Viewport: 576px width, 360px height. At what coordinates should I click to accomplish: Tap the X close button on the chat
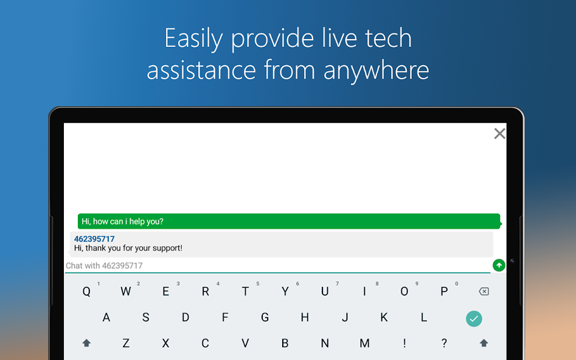point(499,133)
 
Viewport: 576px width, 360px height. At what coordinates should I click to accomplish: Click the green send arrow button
point(499,265)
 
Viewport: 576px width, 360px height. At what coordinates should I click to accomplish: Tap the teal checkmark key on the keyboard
point(474,319)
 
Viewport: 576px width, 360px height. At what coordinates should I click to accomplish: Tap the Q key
point(86,291)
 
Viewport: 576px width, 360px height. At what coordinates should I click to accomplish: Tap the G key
point(265,317)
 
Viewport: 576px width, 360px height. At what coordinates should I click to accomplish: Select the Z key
point(126,343)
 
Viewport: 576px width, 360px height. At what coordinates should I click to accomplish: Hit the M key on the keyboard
point(364,343)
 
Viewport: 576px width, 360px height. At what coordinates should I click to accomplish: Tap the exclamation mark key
point(404,343)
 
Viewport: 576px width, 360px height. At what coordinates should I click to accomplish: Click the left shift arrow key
point(86,343)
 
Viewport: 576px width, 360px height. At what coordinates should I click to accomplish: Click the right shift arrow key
point(484,343)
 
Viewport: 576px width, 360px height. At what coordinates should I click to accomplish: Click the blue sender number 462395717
point(94,239)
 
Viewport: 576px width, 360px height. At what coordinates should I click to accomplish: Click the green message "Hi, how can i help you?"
point(122,221)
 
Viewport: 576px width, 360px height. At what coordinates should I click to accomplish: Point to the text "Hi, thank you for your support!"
point(128,248)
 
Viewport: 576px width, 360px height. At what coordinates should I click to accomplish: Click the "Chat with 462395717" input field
point(277,266)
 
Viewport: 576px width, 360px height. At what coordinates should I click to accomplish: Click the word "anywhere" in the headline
point(376,70)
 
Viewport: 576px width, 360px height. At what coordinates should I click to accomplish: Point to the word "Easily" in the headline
point(193,39)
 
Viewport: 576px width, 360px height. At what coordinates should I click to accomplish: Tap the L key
point(424,317)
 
